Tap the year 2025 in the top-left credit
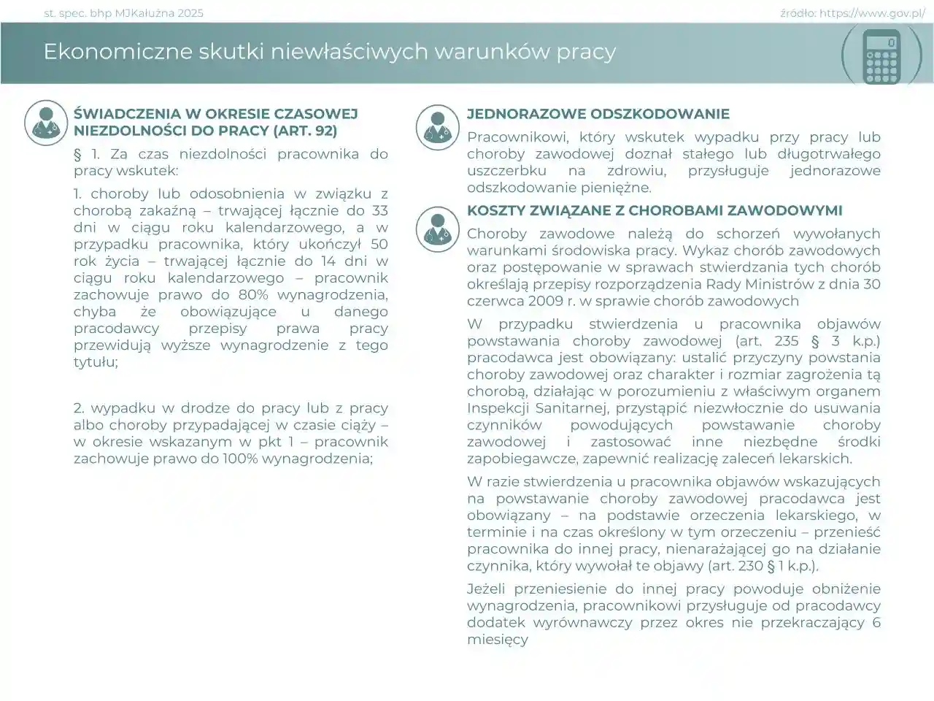tap(190, 13)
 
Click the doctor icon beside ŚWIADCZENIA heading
tap(46, 123)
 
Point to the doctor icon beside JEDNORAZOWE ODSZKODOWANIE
tap(437, 127)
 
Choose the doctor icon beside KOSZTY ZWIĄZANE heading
tap(437, 229)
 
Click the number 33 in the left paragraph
tap(379, 211)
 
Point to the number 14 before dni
tap(325, 261)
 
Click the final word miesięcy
tap(497, 640)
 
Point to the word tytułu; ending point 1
tap(96, 362)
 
